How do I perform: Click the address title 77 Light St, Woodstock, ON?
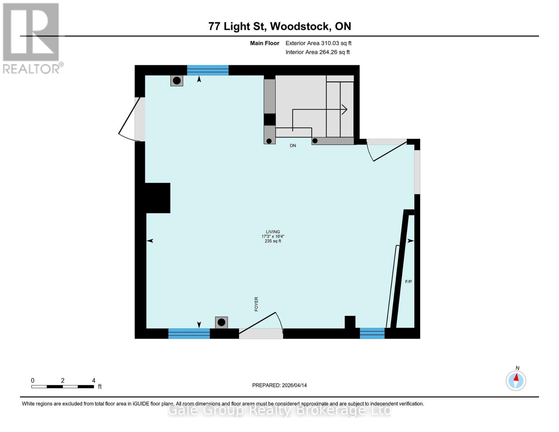[x=280, y=26]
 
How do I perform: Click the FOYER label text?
[x=256, y=304]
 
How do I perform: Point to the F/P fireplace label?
[x=409, y=282]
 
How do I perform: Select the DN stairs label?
[x=293, y=145]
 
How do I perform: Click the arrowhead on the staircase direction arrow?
[x=344, y=109]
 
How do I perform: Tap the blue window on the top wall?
[x=208, y=70]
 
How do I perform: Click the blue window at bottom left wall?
[x=189, y=333]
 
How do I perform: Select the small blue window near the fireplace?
[x=372, y=333]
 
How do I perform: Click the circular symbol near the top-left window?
[x=177, y=81]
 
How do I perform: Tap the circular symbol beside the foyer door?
[x=221, y=322]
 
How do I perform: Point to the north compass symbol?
[x=516, y=380]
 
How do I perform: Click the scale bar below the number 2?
[x=62, y=387]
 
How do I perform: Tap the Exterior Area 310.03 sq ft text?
[x=318, y=43]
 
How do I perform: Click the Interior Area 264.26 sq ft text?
[x=317, y=52]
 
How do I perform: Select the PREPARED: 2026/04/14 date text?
[x=279, y=385]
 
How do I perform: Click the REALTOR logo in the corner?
[x=32, y=38]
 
